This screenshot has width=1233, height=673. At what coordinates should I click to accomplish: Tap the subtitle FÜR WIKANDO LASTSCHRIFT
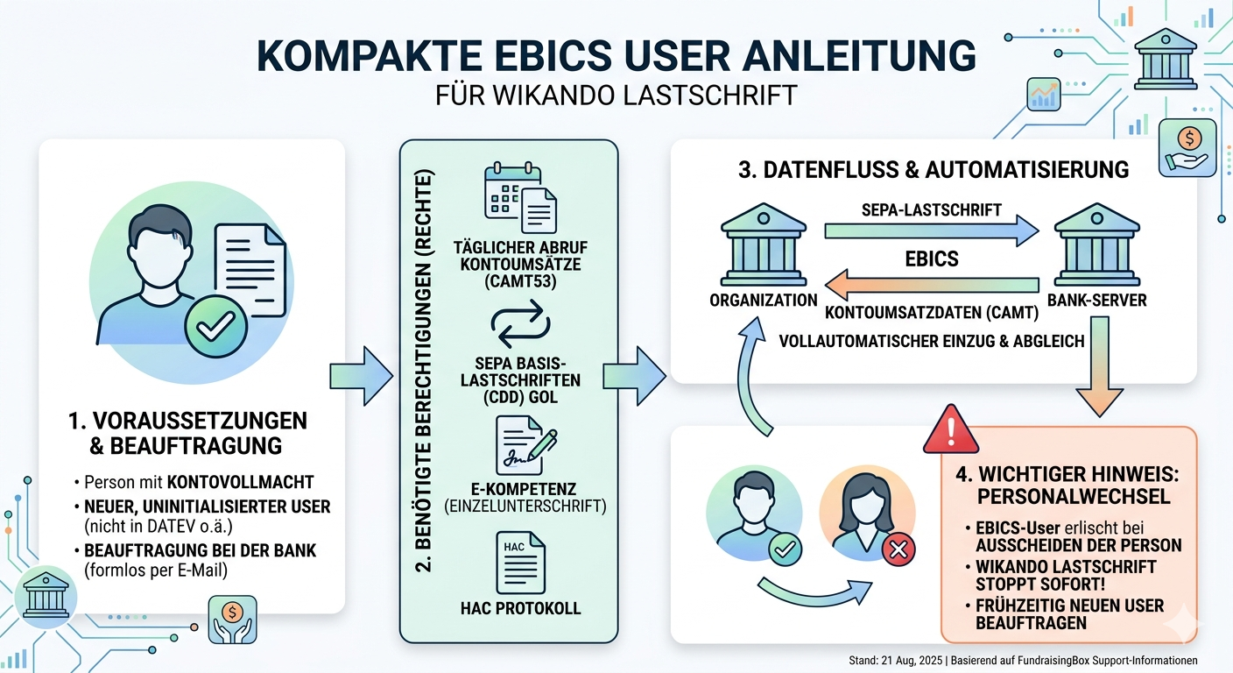tap(616, 95)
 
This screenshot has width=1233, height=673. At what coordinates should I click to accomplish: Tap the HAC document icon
tap(520, 562)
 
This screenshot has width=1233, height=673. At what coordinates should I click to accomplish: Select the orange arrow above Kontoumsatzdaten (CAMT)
tap(931, 282)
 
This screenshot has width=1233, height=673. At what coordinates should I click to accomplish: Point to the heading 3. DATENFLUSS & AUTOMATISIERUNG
tap(933, 168)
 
